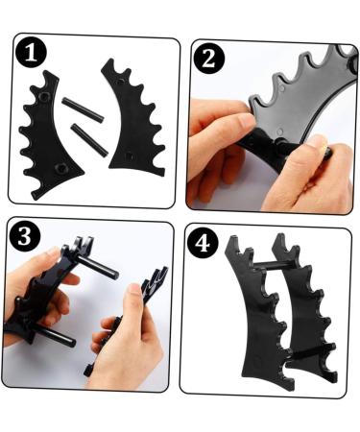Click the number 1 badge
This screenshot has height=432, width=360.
31,53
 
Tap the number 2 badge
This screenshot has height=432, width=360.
209,59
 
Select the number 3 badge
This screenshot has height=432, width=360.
25,237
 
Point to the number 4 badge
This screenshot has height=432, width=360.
203,243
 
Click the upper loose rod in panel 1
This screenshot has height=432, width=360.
83,109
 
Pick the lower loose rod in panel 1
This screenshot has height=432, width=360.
89,140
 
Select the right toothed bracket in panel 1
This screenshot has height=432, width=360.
134,118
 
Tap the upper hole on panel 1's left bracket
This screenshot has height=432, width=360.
44,96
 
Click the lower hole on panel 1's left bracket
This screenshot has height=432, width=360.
60,166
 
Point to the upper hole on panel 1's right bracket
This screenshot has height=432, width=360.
120,82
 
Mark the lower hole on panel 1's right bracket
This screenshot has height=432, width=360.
129,156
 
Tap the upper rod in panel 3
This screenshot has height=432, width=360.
98,266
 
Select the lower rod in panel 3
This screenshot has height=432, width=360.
57,338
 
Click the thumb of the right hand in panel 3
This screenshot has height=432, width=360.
132,306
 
